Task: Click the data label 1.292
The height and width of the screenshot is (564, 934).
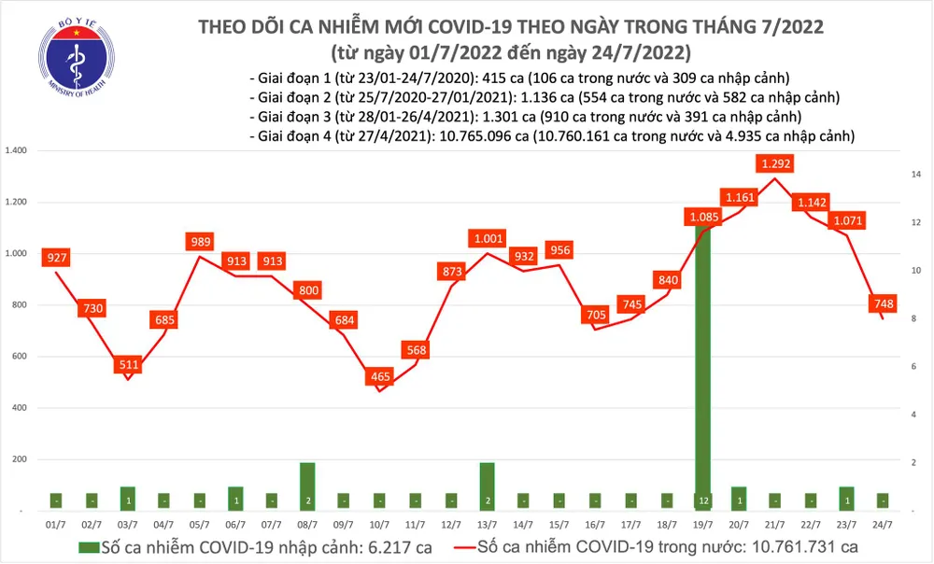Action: click(x=777, y=164)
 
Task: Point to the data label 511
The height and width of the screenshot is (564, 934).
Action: click(x=127, y=364)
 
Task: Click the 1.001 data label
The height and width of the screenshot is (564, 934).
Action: click(x=488, y=238)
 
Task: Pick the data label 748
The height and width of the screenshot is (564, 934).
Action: click(x=883, y=303)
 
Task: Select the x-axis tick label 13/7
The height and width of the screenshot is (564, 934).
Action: click(x=488, y=526)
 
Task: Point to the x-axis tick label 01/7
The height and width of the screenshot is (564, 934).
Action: click(x=56, y=526)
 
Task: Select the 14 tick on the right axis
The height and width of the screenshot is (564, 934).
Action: click(x=917, y=175)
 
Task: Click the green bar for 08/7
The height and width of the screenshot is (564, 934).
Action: click(x=307, y=486)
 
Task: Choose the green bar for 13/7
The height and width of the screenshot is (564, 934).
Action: click(x=488, y=486)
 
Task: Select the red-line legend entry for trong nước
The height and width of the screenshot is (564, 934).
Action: click(x=663, y=545)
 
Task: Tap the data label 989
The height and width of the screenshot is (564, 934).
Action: click(x=199, y=242)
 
